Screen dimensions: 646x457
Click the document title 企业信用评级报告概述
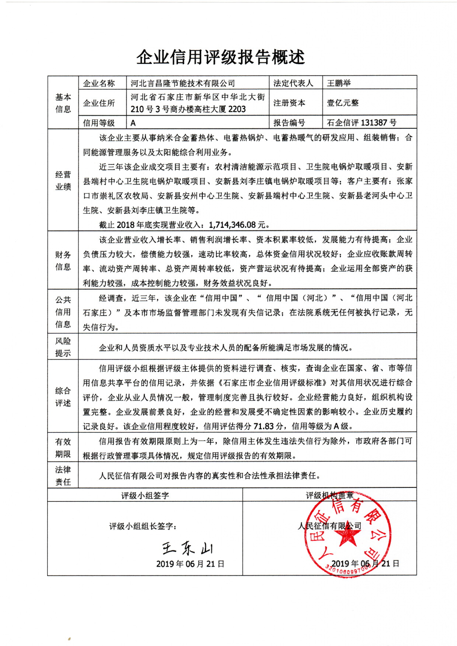coord(220,57)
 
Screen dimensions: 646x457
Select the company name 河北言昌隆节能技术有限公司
coord(183,83)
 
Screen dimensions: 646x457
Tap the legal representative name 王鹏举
coord(339,83)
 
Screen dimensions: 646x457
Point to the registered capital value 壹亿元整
coord(343,103)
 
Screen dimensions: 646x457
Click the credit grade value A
coord(133,123)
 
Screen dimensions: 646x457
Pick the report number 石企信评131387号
coord(361,123)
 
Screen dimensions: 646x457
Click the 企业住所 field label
coord(99,103)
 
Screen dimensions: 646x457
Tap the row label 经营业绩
coord(63,181)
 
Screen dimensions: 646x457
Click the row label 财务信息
coord(63,261)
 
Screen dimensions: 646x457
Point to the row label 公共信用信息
coord(63,312)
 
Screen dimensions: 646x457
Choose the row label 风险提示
coord(63,347)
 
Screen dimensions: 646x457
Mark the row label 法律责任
coord(63,475)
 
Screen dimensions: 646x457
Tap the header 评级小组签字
coord(145,495)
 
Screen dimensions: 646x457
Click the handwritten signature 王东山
coord(187,548)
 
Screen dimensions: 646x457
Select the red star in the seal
coord(348,536)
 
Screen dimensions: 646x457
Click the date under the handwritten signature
coord(190,564)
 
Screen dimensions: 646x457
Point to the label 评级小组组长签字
coord(143,526)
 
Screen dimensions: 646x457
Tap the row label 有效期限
coord(63,448)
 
